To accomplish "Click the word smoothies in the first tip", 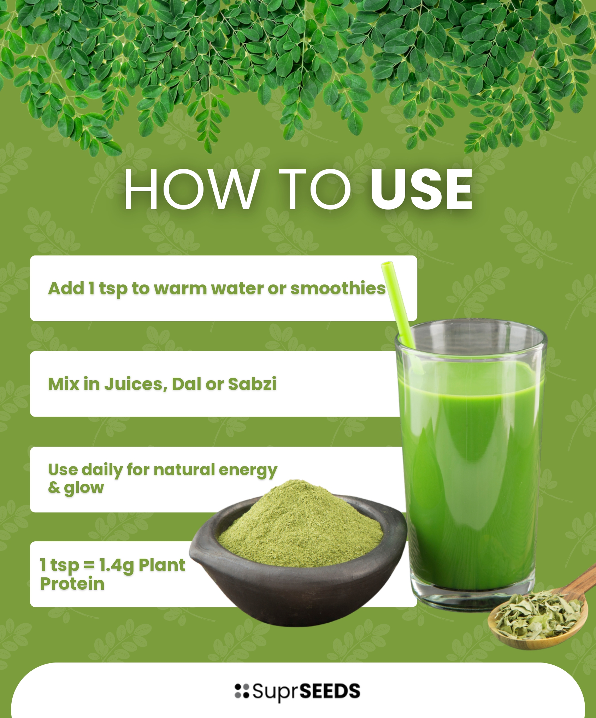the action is point(338,288).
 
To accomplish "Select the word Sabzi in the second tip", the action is point(252,384).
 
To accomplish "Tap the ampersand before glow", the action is point(54,487).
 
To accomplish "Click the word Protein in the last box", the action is point(72,584).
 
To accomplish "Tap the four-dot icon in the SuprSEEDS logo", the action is point(242,691).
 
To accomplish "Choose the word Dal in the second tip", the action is point(186,384).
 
